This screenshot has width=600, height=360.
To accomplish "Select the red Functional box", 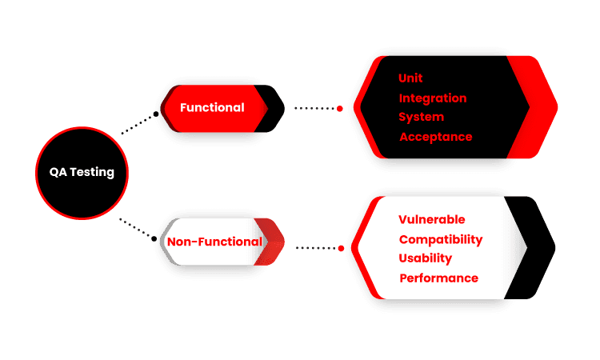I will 213,108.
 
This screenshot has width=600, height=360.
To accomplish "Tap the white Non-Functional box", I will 214,242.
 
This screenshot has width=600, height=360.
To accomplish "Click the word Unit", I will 410,78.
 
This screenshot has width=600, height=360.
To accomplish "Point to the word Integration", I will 433,98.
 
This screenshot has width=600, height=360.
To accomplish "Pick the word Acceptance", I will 436,137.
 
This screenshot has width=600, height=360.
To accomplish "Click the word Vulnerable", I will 431,219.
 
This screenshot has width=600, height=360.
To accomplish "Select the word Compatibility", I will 441,239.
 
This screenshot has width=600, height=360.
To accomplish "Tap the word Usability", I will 426,258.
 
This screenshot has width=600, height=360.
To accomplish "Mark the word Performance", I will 438,278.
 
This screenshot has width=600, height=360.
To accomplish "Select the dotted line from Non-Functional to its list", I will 316,248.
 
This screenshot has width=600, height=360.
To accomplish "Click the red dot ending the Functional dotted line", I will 341,108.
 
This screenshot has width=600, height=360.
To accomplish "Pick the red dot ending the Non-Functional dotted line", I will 342,248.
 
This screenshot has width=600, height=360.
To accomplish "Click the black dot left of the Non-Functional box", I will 153,238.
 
